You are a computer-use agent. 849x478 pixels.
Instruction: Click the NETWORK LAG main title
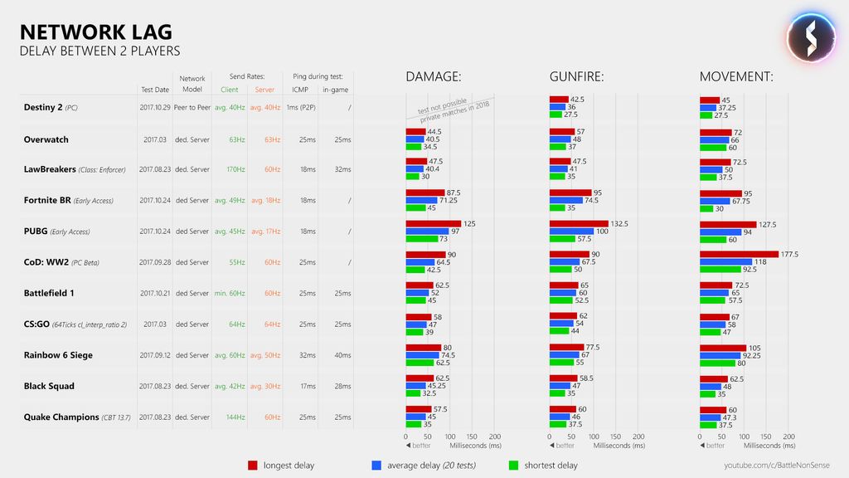[95, 32]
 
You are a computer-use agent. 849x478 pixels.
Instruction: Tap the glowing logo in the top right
[810, 37]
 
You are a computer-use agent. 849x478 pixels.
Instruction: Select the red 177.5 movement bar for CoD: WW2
[739, 255]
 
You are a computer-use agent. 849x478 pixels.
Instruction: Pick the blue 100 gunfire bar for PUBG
[571, 232]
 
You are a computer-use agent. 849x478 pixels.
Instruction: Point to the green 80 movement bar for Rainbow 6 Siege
[717, 363]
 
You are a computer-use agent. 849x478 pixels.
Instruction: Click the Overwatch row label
[46, 139]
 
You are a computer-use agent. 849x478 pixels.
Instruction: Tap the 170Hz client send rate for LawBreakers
[235, 169]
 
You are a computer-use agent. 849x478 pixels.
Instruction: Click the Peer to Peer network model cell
[192, 108]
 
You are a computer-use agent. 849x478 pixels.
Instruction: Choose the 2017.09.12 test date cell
[154, 355]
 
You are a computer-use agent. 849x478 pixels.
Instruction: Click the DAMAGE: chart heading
[433, 77]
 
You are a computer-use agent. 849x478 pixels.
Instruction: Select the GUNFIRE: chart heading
[576, 77]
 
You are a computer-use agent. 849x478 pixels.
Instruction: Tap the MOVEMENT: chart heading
[736, 77]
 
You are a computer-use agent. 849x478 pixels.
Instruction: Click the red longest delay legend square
[253, 466]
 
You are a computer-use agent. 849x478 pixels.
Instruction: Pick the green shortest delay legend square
[513, 466]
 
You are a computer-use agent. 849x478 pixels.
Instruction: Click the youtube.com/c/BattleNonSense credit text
[776, 466]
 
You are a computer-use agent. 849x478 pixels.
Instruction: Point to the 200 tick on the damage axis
[494, 436]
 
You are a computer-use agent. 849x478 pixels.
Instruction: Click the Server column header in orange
[264, 90]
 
